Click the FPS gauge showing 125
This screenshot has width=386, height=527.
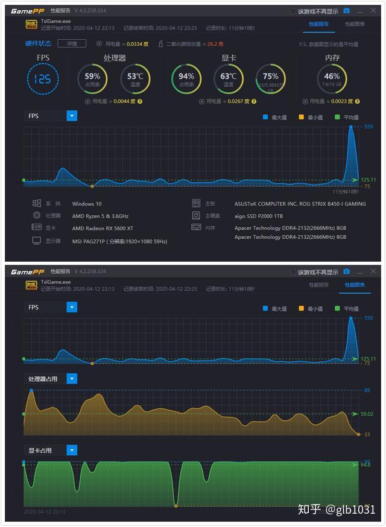[x=43, y=78]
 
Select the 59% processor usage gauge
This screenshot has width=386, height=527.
[x=92, y=78]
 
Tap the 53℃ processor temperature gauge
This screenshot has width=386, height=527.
[x=135, y=78]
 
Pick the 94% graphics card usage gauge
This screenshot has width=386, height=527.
[x=186, y=78]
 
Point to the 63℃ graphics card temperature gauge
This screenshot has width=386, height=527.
[x=229, y=78]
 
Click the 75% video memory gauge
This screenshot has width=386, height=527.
[x=271, y=78]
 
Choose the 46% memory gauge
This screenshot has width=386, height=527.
[x=332, y=78]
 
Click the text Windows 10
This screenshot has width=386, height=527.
[x=87, y=204]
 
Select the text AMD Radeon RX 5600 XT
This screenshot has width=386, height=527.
[x=103, y=229]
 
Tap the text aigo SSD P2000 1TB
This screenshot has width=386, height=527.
[x=259, y=216]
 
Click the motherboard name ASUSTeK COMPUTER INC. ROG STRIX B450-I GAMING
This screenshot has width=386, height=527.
[x=300, y=204]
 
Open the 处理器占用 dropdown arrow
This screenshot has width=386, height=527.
[x=72, y=379]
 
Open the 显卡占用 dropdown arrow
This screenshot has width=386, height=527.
[x=72, y=450]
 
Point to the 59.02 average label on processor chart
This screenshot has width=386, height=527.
[x=366, y=414]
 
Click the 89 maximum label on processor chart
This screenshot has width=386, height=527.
[x=367, y=391]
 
